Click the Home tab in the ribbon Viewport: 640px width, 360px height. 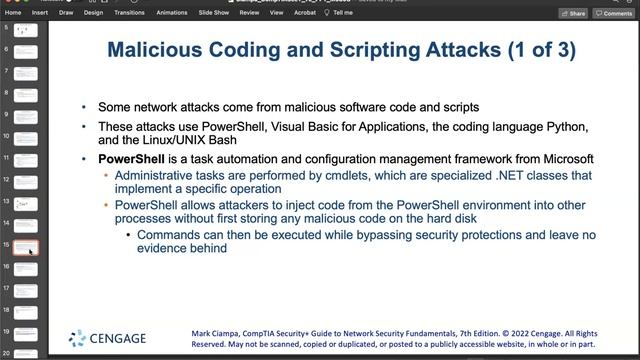pos(13,13)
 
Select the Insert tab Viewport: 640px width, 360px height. pos(40,13)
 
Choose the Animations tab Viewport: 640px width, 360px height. pos(172,13)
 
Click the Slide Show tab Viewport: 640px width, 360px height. pos(214,13)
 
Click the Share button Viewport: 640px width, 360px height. pos(574,13)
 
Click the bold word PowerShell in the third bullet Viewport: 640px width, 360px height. pos(130,159)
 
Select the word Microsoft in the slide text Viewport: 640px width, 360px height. pos(564,159)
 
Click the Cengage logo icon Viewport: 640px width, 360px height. pos(77,338)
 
